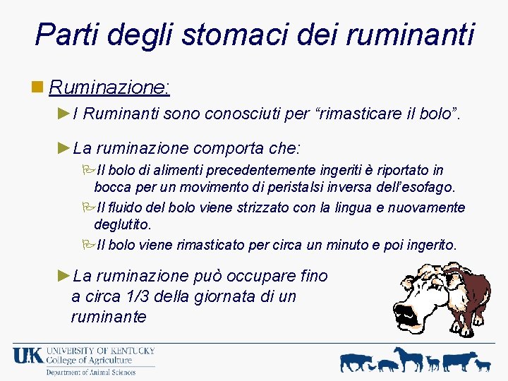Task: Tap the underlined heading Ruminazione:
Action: click(x=110, y=87)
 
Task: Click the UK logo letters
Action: click(x=28, y=356)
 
